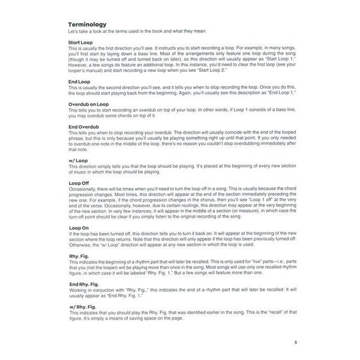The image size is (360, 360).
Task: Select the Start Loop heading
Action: point(82,43)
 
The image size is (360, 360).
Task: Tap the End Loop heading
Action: point(80,82)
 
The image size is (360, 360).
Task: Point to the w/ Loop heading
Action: point(79,160)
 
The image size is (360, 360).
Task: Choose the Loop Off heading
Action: point(80,182)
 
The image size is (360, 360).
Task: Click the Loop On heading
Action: point(80,228)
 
